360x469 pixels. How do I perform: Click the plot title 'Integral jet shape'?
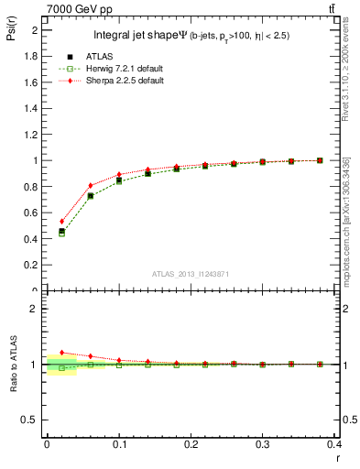click(x=136, y=36)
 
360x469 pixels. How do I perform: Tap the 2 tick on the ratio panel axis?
click(x=35, y=309)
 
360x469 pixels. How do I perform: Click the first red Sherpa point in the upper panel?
click(x=61, y=221)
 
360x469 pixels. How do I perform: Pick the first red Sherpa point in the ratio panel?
click(x=61, y=353)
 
